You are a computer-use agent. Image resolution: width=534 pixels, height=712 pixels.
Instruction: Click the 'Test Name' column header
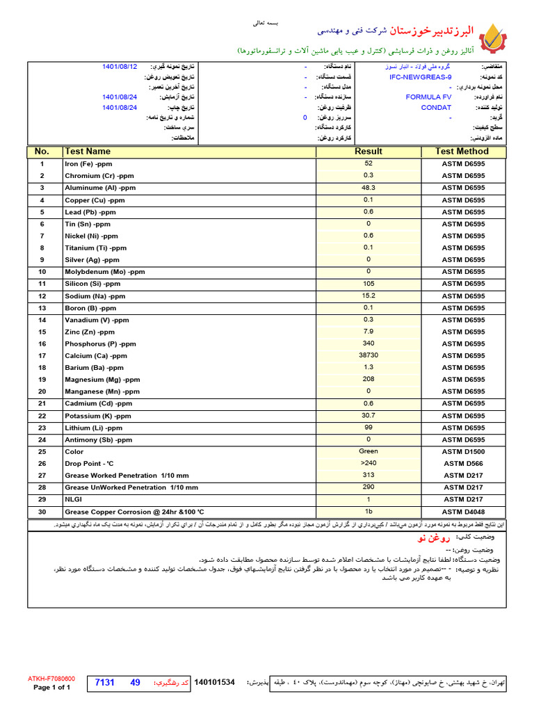coord(88,152)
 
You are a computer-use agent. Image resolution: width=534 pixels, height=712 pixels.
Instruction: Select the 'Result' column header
coord(368,152)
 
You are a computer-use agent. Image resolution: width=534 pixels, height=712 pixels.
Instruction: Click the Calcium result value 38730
coord(368,355)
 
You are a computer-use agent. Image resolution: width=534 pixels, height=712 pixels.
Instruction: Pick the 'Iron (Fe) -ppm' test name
coord(88,164)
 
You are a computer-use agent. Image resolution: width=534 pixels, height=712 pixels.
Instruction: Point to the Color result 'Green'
coord(368,451)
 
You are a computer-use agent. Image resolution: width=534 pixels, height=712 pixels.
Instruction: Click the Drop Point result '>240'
coord(368,463)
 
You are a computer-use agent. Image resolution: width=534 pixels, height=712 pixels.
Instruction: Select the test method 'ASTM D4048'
coord(463,512)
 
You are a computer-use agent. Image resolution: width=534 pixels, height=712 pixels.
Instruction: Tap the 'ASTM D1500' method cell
coord(463,452)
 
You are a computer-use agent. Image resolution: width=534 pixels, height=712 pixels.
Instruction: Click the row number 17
coord(42,356)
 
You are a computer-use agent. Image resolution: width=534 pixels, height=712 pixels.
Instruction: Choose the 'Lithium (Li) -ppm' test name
coord(93,428)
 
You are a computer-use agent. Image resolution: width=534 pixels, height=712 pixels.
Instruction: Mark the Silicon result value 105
coord(368,284)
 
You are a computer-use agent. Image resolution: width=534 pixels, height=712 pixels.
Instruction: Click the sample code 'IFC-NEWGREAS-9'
coord(421,77)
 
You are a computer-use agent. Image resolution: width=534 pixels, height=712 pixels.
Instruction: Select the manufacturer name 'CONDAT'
coord(436,108)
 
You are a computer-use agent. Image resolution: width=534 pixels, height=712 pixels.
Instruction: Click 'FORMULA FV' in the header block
coord(428,97)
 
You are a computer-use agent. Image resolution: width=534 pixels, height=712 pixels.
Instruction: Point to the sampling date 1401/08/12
coord(120,67)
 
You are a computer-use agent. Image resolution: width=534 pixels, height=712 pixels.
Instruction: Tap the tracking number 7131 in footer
coord(104,683)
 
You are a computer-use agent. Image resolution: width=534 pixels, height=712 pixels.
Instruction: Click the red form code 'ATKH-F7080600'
coord(51,678)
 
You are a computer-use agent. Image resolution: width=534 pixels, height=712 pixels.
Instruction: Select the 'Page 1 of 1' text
coord(52,688)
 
